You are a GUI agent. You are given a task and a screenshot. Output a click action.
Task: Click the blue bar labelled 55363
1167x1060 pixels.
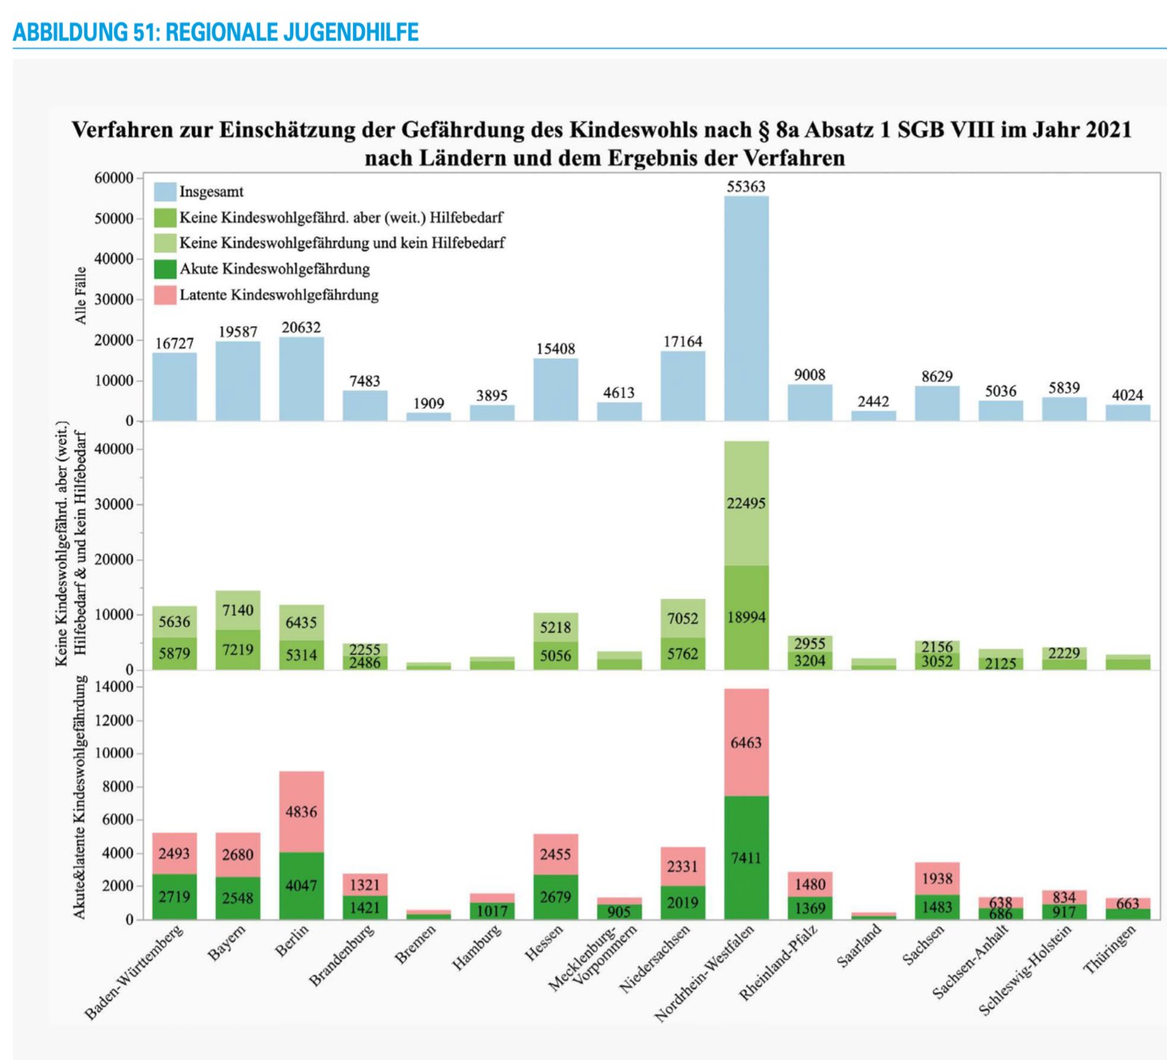coord(746,306)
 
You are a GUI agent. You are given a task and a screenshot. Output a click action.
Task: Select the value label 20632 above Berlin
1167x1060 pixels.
coord(301,328)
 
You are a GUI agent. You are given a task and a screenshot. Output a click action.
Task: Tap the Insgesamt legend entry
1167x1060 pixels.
coord(212,192)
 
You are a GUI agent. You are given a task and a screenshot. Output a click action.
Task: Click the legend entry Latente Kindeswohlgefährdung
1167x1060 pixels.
coord(279,295)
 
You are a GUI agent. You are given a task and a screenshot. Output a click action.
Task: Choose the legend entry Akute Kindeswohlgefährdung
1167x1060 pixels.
coord(274,269)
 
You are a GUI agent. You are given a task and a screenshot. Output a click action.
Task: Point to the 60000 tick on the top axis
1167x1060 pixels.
coord(115,178)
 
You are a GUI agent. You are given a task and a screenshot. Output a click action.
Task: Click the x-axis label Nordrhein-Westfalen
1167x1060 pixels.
coord(705,973)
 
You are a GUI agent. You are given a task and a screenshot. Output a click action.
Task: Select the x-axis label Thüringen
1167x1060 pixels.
coord(1110,949)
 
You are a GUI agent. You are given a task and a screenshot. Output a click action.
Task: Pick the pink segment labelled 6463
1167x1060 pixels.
coord(746,742)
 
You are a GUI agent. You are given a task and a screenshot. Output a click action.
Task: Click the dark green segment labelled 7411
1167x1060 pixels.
coord(746,857)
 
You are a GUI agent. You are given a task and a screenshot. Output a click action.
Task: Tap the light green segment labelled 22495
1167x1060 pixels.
coord(746,503)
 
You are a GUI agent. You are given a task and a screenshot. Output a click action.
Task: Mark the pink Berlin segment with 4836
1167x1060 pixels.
coord(301,811)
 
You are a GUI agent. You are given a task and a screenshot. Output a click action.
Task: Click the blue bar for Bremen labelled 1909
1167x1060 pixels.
coord(429,417)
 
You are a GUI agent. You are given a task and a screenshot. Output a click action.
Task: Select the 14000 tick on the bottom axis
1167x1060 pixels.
coord(115,687)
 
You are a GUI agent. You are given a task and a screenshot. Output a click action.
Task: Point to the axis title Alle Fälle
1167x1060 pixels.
coord(80,295)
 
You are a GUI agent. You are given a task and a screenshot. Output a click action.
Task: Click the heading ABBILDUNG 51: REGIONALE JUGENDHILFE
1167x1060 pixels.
coord(216,32)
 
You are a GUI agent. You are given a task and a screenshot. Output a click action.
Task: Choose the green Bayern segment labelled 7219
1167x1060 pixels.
coord(238,649)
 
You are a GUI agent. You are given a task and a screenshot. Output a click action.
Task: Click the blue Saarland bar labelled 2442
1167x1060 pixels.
coord(873,416)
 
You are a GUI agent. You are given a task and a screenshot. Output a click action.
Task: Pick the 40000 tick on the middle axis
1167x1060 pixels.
coord(115,449)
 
